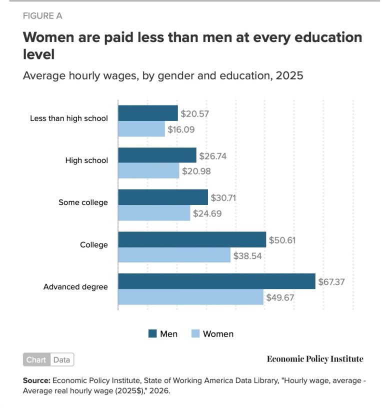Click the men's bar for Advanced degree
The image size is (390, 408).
[x=216, y=281]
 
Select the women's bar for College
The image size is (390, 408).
[x=174, y=255]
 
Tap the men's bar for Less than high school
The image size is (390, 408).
[x=148, y=113]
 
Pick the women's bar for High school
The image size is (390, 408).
[x=148, y=171]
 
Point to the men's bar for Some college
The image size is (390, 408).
[x=163, y=197]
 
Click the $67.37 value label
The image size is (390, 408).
[x=331, y=282]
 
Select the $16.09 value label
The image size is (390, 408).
[x=181, y=129]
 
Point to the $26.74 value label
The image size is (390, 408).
[x=213, y=156]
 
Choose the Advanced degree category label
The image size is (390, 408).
[x=75, y=287]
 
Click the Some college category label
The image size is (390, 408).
[x=83, y=202]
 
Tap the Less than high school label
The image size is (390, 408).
[x=69, y=118]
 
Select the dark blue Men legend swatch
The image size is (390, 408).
[x=152, y=333]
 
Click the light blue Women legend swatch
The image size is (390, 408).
[x=195, y=333]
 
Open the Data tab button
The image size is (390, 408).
[x=62, y=359]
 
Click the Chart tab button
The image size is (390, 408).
[x=36, y=359]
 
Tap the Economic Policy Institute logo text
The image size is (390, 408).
[x=315, y=359]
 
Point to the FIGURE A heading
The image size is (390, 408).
[x=42, y=15]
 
